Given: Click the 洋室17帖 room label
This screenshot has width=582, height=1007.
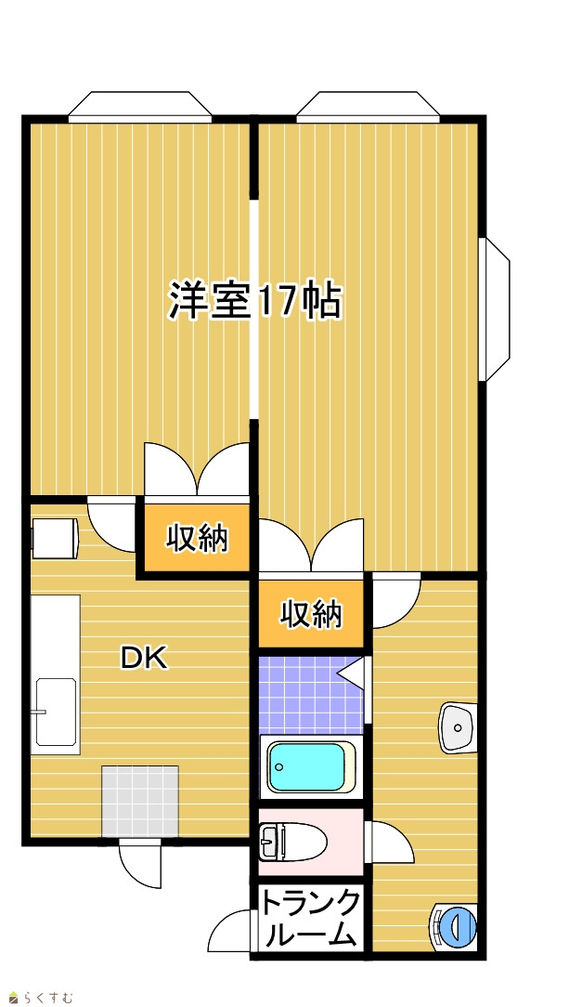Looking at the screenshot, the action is click(x=254, y=300).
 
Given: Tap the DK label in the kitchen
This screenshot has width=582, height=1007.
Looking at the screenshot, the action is click(x=145, y=658).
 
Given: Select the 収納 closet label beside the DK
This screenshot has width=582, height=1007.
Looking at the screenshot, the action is click(x=197, y=538).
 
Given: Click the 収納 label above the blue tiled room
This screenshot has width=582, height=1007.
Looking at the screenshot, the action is click(x=311, y=615).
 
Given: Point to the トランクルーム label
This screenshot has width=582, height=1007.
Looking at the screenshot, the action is click(x=310, y=919).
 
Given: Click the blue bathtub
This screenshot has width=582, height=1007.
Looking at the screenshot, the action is click(x=311, y=767).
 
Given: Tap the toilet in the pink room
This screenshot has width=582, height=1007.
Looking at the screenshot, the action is click(x=293, y=841).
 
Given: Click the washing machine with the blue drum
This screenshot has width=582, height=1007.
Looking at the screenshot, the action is click(x=454, y=926).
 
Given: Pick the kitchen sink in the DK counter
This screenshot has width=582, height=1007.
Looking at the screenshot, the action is click(x=56, y=712).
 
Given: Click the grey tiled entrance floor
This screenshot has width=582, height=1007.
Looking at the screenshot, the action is click(x=140, y=801).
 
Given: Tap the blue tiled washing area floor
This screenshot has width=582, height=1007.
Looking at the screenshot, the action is click(x=311, y=694).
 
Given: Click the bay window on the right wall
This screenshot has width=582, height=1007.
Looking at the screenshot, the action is click(x=494, y=309).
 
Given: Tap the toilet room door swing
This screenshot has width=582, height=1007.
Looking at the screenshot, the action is click(x=390, y=843).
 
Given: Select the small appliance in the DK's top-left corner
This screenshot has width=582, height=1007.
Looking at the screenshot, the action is click(x=55, y=538).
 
